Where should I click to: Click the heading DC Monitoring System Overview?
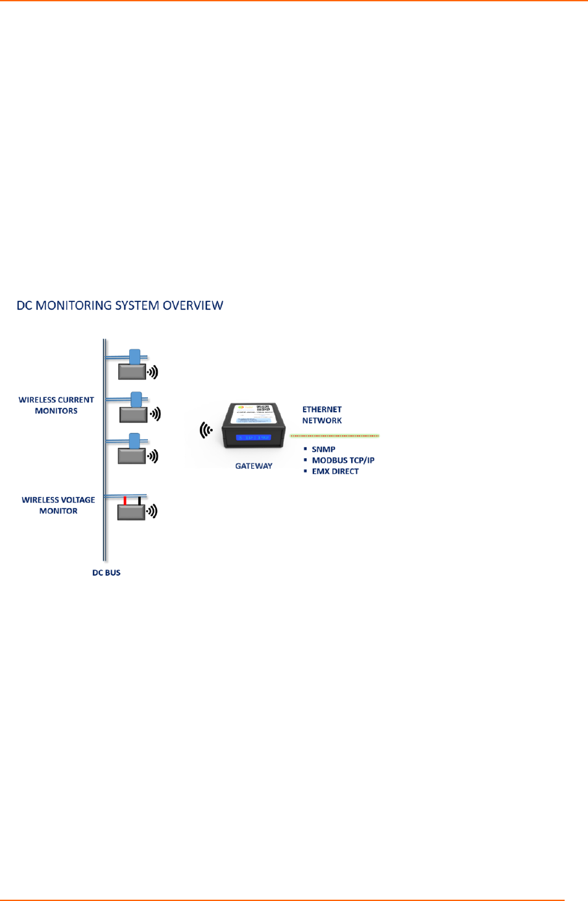coord(120,305)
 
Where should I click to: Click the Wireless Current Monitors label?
coord(56,405)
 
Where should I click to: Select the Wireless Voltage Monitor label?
coord(58,505)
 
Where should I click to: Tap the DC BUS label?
coord(106,572)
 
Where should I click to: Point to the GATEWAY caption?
coord(254,466)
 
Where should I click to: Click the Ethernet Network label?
coord(322,415)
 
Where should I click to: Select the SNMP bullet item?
coord(323,449)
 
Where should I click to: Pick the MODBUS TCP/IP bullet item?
coord(343,460)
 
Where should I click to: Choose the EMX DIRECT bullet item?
coord(335,471)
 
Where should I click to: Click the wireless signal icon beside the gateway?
coord(206,430)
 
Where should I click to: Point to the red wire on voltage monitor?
coord(125,500)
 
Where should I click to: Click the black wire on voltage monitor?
coord(139,500)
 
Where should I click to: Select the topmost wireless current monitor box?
coord(132,371)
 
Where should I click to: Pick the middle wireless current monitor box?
coord(132,414)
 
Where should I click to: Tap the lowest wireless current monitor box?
coord(132,455)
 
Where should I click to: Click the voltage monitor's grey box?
coord(131,511)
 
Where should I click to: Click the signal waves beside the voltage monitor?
coord(153,511)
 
